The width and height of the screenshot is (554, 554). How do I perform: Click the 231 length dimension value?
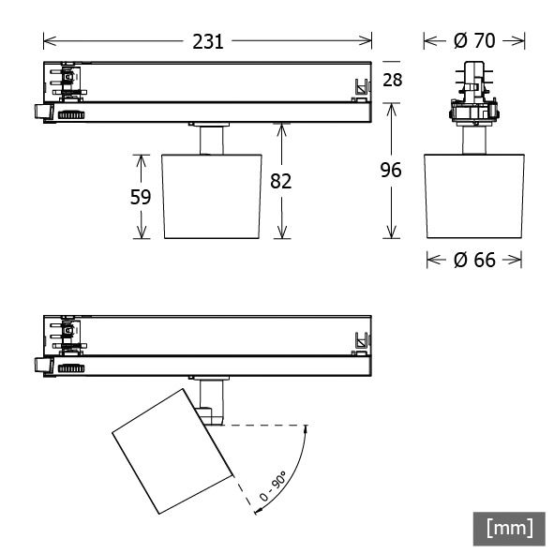(x=207, y=40)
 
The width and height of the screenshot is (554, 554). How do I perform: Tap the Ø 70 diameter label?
(x=473, y=40)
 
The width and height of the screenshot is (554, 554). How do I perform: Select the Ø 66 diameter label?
(x=473, y=260)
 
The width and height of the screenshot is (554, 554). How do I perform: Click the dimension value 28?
(x=392, y=80)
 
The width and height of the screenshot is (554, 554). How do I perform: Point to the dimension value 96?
(x=391, y=171)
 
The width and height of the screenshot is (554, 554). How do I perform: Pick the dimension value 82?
(x=281, y=181)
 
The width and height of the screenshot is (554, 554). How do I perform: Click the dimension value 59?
(x=142, y=198)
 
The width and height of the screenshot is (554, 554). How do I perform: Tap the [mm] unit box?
(x=509, y=528)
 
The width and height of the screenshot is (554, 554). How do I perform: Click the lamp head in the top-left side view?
(x=211, y=195)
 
